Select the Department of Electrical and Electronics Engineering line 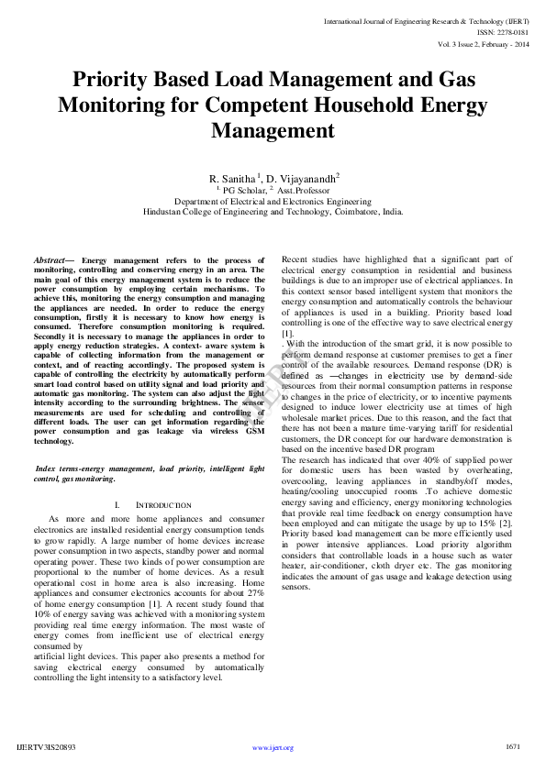[273, 201]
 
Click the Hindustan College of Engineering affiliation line [273, 211]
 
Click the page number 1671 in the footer [513, 747]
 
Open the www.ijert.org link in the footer [273, 748]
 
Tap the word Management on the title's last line [273, 130]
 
